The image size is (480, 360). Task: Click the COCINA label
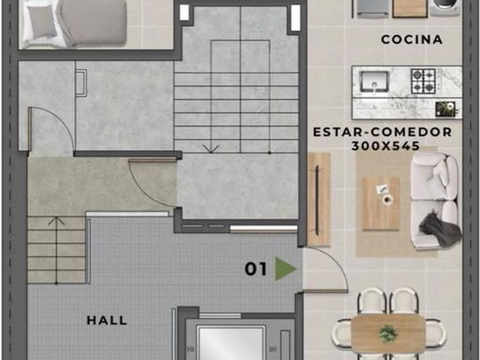pos(412,39)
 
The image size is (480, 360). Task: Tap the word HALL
pos(107,320)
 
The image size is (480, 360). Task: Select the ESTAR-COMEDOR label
pos(383,132)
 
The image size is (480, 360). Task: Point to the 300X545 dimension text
pos(385,146)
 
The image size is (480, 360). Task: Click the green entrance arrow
pos(285,269)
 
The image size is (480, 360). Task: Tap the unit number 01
pos(256,269)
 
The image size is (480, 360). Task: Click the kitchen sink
pos(374,81)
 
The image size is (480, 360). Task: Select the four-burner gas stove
pos(423,81)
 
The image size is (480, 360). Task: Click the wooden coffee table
pos(381,203)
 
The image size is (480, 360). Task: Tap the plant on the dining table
pos(388,333)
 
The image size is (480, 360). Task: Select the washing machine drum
pos(445,7)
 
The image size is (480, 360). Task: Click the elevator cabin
pos(230,343)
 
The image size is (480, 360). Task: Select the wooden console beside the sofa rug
pos(318,199)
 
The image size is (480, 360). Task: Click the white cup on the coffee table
pos(387,199)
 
